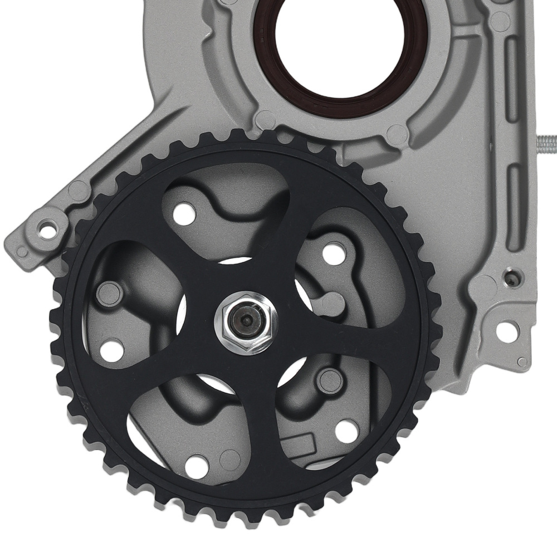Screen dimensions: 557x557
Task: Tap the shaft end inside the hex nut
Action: point(246,321)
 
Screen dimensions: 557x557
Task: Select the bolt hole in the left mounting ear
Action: point(47,229)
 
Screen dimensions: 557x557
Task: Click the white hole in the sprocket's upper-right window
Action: point(334,254)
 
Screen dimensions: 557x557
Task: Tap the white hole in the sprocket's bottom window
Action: point(197,466)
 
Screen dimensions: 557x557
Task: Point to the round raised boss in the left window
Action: point(109,294)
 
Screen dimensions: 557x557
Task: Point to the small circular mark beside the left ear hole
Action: point(22,252)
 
